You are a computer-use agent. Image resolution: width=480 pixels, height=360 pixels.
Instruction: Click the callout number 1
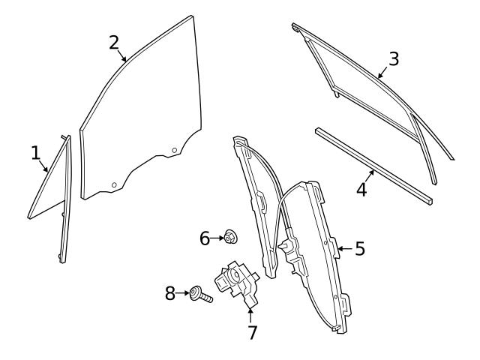pyautogui.click(x=35, y=153)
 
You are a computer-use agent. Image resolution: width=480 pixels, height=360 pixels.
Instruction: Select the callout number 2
pyautogui.click(x=113, y=42)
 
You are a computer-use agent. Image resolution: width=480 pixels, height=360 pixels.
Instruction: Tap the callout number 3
pyautogui.click(x=394, y=58)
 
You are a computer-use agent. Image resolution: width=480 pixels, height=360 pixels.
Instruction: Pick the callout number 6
pyautogui.click(x=205, y=238)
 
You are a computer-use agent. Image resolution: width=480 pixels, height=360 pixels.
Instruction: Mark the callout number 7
pyautogui.click(x=252, y=332)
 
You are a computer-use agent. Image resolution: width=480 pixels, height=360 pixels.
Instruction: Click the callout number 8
pyautogui.click(x=170, y=292)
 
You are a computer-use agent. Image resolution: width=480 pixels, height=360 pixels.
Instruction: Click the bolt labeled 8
pyautogui.click(x=200, y=295)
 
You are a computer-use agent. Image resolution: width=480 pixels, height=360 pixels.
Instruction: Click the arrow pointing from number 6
pyautogui.click(x=218, y=238)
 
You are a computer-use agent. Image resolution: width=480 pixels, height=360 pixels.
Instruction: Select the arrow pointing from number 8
pyautogui.click(x=184, y=292)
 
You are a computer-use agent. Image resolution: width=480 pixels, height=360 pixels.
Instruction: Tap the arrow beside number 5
pyautogui.click(x=345, y=247)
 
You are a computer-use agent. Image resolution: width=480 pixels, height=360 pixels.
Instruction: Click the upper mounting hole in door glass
pyautogui.click(x=174, y=150)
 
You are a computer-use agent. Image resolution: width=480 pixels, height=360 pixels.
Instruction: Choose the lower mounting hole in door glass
pyautogui.click(x=113, y=184)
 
